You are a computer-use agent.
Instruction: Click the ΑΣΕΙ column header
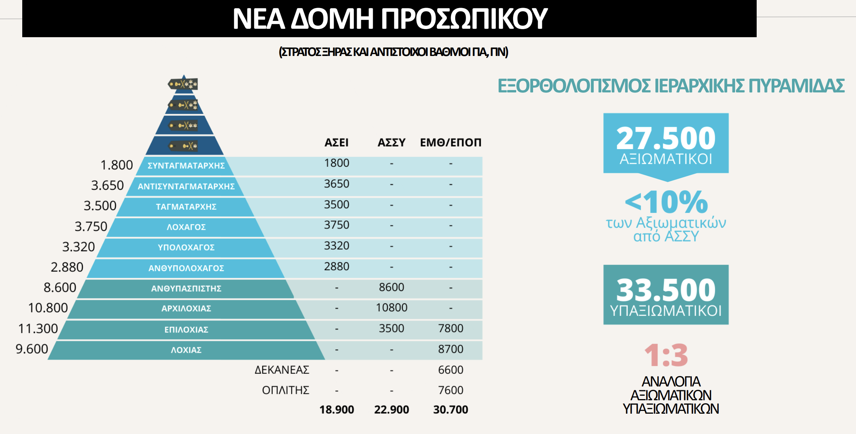tap(336, 143)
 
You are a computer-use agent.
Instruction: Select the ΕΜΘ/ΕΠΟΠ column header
tap(450, 143)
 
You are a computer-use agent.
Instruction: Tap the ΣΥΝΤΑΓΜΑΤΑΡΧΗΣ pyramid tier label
tap(186, 166)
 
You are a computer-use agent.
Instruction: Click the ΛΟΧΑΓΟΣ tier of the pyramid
tap(186, 227)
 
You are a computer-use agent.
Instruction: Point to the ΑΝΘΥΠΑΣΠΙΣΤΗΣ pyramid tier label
tap(186, 288)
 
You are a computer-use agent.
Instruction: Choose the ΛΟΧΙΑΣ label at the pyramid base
tap(186, 350)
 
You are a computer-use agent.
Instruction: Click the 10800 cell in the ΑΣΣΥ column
tap(391, 307)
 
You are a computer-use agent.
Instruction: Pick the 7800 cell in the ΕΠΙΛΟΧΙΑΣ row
tap(451, 328)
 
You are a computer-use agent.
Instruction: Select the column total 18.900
tap(336, 409)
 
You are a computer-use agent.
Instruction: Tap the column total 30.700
tap(451, 409)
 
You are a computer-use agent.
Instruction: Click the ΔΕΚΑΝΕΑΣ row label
tap(282, 370)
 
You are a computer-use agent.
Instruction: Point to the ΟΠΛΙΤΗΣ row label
tap(285, 390)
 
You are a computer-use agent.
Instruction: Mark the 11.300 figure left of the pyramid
tap(38, 329)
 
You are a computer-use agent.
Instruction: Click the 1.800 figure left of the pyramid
tap(117, 165)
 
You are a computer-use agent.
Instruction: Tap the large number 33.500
tap(666, 290)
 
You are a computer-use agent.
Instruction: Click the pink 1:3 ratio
tap(666, 355)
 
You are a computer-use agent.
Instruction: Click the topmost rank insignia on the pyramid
tap(183, 84)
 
